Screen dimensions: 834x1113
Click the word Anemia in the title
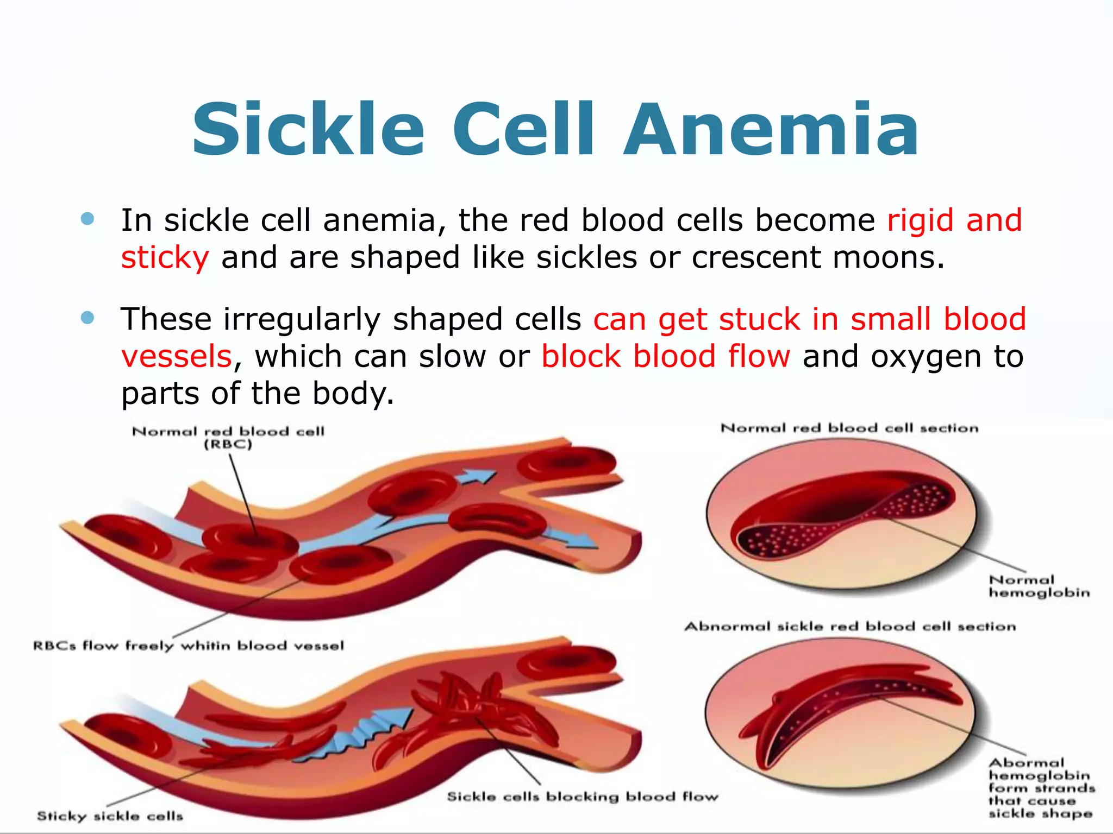772,130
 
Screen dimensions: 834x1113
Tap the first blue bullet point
87,219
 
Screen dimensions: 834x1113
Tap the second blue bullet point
87,318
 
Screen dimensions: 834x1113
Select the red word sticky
165,257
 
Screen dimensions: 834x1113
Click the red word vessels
177,356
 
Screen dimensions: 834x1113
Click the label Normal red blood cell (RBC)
228,438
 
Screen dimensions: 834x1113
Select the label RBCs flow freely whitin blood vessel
189,646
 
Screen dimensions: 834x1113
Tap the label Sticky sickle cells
110,816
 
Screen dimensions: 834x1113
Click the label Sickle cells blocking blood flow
582,797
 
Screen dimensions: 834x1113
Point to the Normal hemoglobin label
1039,586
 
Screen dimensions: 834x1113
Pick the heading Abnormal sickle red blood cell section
849,627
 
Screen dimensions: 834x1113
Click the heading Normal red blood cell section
849,428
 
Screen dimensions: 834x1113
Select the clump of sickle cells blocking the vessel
478,706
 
